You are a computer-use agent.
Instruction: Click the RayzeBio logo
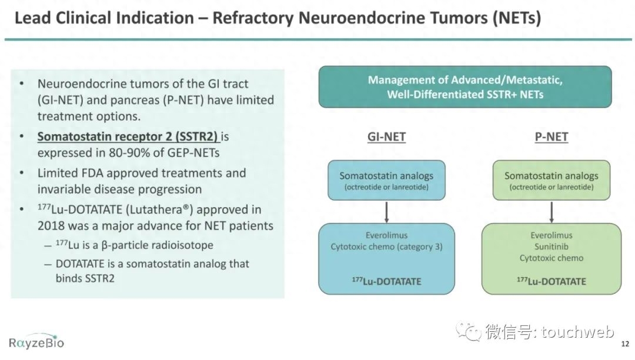point(36,342)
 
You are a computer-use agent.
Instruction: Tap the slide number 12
point(625,344)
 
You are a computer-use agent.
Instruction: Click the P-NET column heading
point(551,137)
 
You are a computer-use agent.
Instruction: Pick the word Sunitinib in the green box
point(551,246)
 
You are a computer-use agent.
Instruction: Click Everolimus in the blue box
point(386,235)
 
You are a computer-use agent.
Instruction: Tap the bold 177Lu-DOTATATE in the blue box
point(386,281)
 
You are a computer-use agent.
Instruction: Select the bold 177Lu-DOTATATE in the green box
point(552,281)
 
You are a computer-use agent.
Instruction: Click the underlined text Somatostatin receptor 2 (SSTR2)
point(128,136)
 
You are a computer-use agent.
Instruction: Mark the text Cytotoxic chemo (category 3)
point(386,246)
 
